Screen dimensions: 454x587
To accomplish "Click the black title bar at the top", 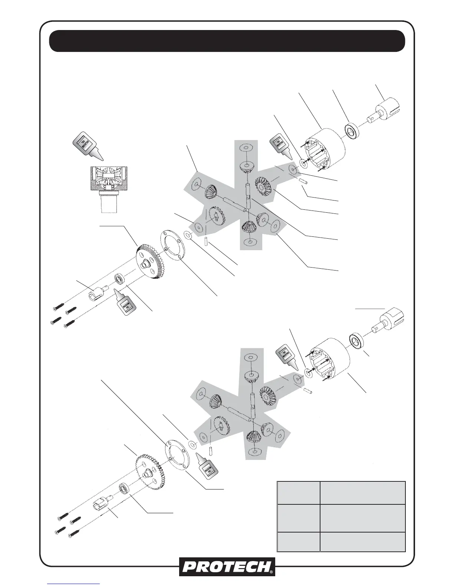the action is (x=227, y=41).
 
